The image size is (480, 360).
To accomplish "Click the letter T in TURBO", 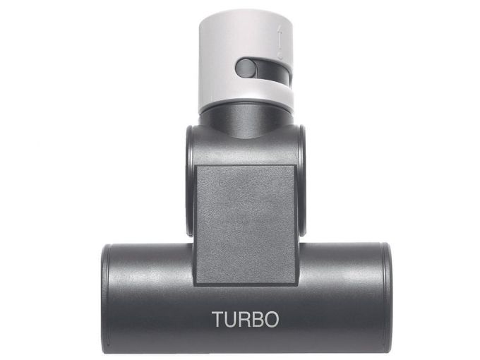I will [x=218, y=319].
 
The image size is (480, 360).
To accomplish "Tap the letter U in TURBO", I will [x=232, y=319].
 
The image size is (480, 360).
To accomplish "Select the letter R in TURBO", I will [x=245, y=319].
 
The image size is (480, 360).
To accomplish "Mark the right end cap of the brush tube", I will [x=386, y=296].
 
